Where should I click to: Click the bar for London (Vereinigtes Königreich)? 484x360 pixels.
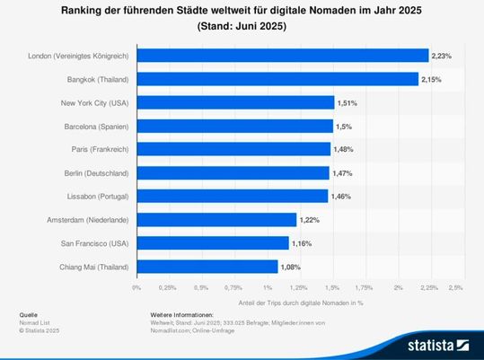coord(282,56)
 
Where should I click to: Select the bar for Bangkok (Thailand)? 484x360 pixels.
coord(277,79)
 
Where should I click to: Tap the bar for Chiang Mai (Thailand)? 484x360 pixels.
coord(207,266)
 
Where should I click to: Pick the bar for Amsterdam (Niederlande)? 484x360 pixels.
coord(216,219)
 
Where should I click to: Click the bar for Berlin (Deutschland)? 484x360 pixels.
coord(233,172)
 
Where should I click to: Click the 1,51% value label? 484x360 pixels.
coord(347,102)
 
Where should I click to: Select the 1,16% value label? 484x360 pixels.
coord(301,242)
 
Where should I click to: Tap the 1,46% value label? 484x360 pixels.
coord(340,196)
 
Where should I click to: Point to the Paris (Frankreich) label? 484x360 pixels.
coord(100,149)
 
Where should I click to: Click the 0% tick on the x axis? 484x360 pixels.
coord(136,288)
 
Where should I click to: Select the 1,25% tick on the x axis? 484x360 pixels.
coord(299,288)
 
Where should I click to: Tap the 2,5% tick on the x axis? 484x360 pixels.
coord(456,288)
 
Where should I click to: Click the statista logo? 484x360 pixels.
coord(438,344)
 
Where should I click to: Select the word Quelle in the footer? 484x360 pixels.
coord(28,315)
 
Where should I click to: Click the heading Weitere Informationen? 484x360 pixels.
coord(181,315)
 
